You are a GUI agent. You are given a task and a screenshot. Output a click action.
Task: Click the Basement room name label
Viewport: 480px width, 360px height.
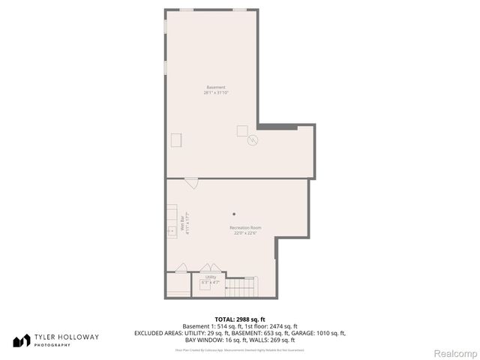click(x=215, y=87)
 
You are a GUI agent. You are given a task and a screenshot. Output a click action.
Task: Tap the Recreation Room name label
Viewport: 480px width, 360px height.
click(x=245, y=227)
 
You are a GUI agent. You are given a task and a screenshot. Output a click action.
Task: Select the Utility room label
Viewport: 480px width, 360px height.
click(x=211, y=277)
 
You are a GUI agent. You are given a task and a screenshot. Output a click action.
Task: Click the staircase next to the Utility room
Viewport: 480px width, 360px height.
click(x=241, y=286)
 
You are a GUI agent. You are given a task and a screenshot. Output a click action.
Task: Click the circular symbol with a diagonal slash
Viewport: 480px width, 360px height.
click(x=253, y=139)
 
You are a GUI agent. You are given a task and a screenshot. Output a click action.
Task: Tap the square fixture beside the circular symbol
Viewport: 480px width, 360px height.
click(x=242, y=131)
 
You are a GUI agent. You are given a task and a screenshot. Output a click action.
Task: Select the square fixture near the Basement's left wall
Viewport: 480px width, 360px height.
click(x=176, y=139)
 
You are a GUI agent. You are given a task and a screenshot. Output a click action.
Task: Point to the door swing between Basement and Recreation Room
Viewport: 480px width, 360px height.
click(x=192, y=182)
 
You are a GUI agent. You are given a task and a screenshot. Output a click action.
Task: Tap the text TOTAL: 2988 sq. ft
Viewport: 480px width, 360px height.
click(x=240, y=319)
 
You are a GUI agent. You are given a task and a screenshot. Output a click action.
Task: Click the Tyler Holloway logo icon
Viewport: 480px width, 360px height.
click(x=21, y=340)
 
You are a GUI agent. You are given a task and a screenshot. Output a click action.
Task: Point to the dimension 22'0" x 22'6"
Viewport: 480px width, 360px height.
click(x=245, y=233)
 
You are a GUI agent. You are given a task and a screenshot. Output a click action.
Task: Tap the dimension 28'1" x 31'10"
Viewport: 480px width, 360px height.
click(x=215, y=93)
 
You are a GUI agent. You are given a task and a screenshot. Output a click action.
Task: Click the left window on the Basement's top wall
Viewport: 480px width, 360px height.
click(x=186, y=10)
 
